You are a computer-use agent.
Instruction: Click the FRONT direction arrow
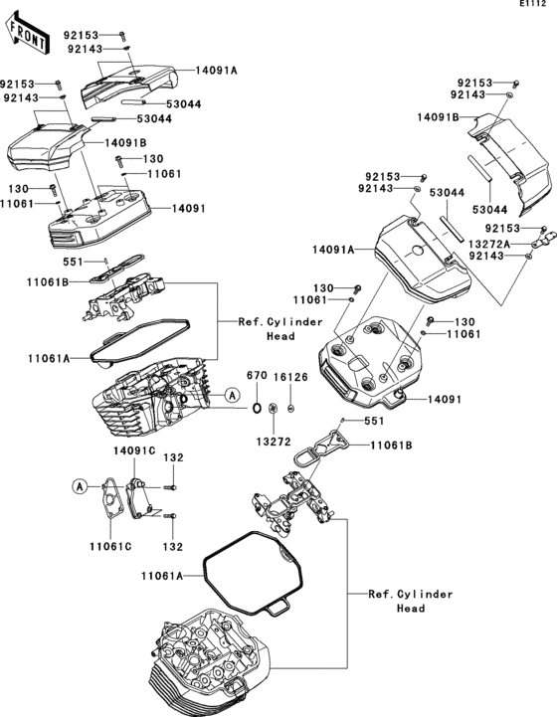coord(27,34)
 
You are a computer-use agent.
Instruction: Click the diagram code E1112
coord(533,4)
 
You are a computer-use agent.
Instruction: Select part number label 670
coord(257,376)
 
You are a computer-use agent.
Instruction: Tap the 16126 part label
coord(290,377)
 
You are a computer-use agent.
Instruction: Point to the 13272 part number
coord(273,442)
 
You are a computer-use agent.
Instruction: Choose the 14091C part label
coord(134,450)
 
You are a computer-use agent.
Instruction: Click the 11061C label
coord(110,546)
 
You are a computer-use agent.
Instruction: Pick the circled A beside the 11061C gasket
coord(80,486)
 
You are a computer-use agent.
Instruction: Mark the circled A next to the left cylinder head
coord(233,394)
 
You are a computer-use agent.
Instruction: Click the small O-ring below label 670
coord(257,408)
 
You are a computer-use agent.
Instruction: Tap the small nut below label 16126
coord(290,408)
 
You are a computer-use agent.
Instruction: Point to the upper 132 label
coord(173,457)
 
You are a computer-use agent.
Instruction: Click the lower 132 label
coord(173,547)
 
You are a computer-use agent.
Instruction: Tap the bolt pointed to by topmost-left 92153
coord(122,35)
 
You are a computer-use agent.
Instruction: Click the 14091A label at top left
coord(216,71)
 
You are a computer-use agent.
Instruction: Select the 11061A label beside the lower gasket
coord(162,576)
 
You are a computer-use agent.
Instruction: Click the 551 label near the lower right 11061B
coord(374,421)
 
